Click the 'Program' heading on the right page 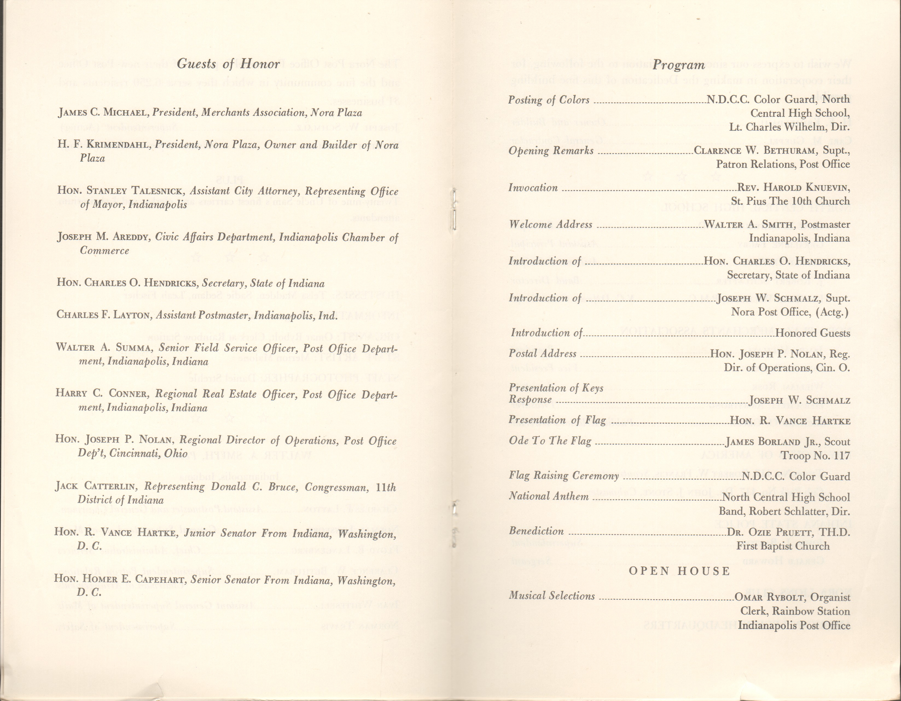[x=679, y=65]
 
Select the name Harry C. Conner [x=101, y=394]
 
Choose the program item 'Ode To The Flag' [x=550, y=441]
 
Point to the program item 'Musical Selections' [x=552, y=596]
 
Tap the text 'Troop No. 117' [x=815, y=456]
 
